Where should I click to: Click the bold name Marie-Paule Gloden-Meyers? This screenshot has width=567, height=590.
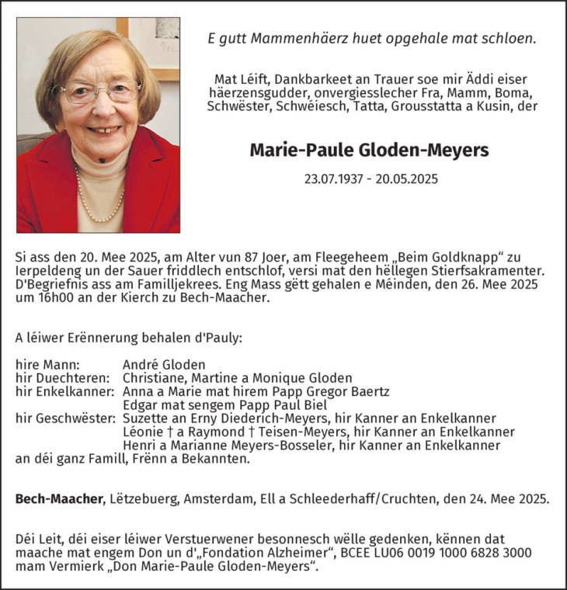pyautogui.click(x=369, y=149)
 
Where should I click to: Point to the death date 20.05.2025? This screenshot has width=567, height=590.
pyautogui.click(x=408, y=179)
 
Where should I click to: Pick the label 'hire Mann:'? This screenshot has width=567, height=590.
pyautogui.click(x=47, y=364)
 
